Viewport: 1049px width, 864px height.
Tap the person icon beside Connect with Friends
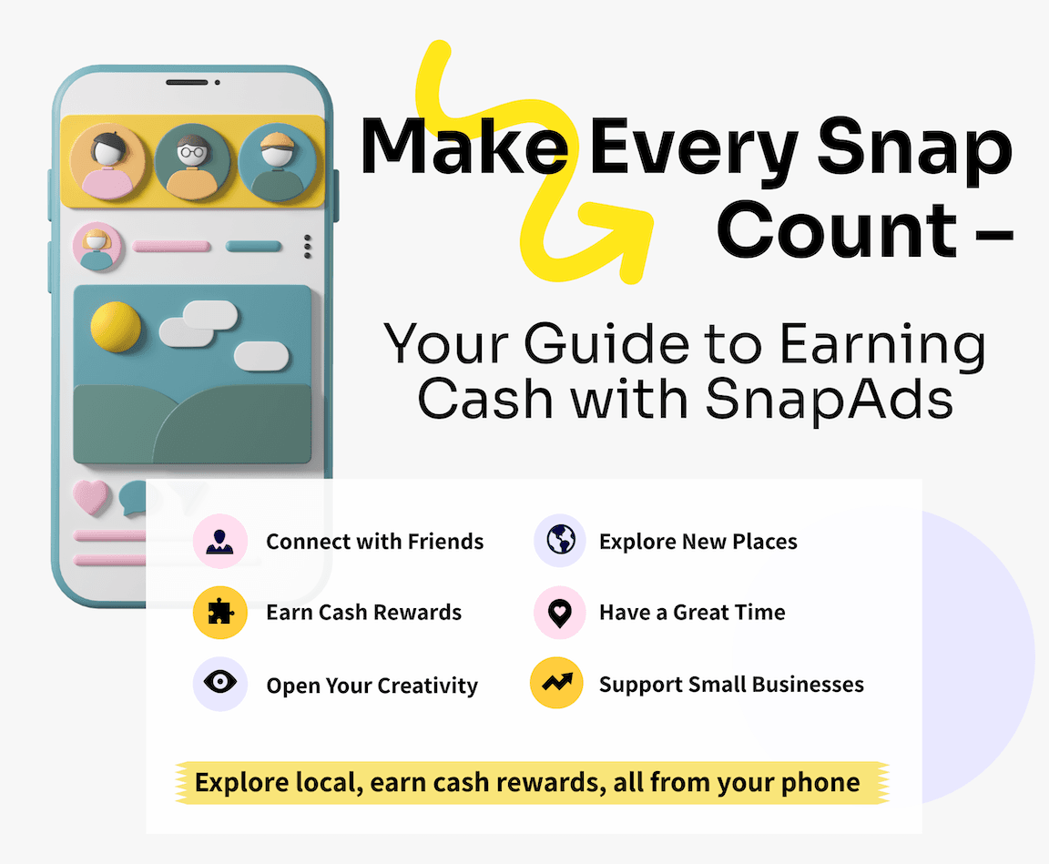point(219,541)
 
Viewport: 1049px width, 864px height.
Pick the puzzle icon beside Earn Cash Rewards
point(219,612)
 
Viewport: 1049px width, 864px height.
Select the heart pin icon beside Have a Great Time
point(558,612)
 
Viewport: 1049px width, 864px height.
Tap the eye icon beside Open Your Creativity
point(219,684)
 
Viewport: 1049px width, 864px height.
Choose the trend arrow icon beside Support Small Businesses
point(556,684)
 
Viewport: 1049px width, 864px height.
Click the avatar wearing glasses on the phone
point(192,161)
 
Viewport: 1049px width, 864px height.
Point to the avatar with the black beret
point(107,161)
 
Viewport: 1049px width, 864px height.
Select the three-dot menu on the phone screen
point(308,246)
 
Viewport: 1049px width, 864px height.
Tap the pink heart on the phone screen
point(91,497)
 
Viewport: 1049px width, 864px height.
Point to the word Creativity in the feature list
point(427,686)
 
